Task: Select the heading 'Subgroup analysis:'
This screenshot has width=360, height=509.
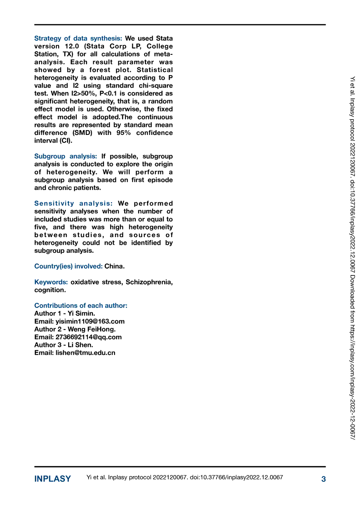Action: (x=66, y=156)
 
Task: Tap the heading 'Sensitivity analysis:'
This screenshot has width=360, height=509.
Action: (x=73, y=203)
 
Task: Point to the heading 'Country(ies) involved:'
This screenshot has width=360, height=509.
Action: (x=68, y=266)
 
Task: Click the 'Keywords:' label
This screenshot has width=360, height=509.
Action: (x=51, y=282)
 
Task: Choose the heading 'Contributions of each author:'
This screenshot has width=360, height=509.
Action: (x=81, y=305)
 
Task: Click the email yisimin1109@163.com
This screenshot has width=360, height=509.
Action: (x=90, y=322)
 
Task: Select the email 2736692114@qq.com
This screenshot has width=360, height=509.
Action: (x=89, y=337)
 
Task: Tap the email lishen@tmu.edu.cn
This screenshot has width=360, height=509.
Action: (x=85, y=353)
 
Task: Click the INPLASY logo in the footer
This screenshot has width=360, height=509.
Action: (x=53, y=479)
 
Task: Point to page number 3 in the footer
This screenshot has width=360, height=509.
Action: (x=323, y=479)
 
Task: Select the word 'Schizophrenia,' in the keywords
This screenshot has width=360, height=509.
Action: (x=149, y=282)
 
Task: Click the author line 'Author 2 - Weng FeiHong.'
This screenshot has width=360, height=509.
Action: (x=75, y=329)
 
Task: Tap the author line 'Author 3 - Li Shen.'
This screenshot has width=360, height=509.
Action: (x=64, y=345)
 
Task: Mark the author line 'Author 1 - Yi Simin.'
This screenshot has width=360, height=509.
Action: (x=64, y=313)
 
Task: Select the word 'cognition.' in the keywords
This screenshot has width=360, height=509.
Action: (x=50, y=290)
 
